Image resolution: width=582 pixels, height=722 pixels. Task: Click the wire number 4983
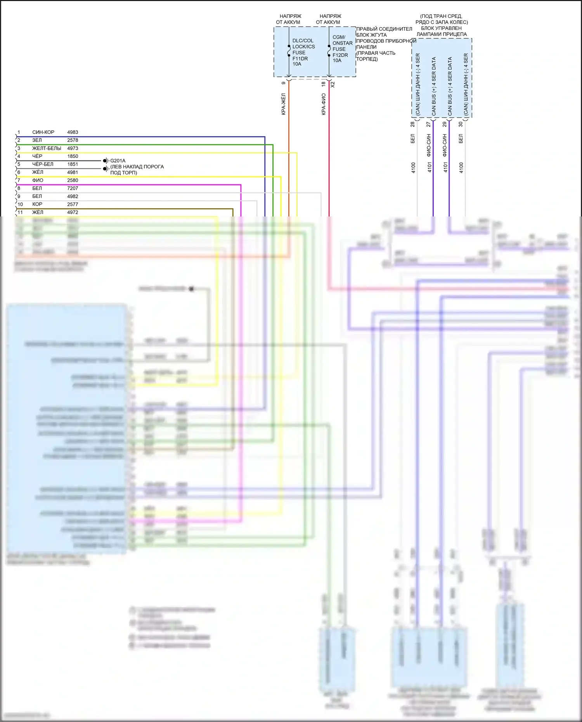(73, 132)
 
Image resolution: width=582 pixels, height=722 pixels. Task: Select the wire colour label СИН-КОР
(43, 132)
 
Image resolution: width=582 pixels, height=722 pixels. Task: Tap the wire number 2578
(73, 140)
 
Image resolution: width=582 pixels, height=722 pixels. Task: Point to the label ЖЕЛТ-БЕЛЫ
(47, 148)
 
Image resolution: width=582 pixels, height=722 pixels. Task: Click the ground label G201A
(118, 161)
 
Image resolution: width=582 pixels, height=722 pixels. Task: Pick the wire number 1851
(73, 164)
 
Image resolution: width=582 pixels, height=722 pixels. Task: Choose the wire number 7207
(73, 188)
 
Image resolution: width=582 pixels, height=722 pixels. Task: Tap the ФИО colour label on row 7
(38, 180)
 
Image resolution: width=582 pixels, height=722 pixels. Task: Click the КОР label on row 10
(37, 204)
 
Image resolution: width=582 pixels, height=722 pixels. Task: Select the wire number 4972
(73, 212)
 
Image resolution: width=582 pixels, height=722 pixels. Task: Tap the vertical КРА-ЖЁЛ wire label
(284, 104)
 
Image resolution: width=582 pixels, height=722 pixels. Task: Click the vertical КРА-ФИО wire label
(324, 104)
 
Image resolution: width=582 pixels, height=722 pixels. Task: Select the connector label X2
(333, 84)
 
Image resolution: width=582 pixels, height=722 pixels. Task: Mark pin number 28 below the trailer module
(413, 125)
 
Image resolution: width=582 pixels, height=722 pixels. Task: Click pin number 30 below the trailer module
(461, 125)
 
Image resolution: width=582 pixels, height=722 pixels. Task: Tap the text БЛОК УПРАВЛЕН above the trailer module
(441, 28)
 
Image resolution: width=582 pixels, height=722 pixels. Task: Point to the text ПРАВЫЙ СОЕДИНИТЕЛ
(384, 29)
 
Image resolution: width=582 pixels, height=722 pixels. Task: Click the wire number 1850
(73, 156)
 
